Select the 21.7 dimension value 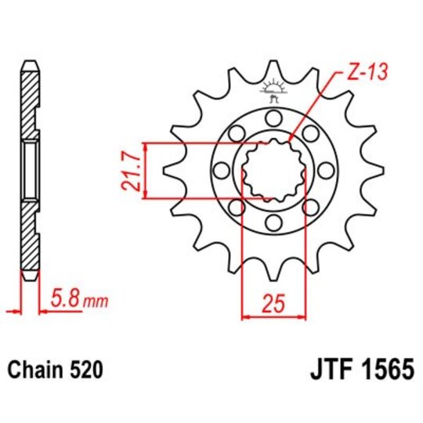pos(131,170)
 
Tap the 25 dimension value pos(272,302)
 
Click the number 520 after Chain pos(84,368)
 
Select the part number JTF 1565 pos(356,367)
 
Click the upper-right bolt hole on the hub pos(311,133)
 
